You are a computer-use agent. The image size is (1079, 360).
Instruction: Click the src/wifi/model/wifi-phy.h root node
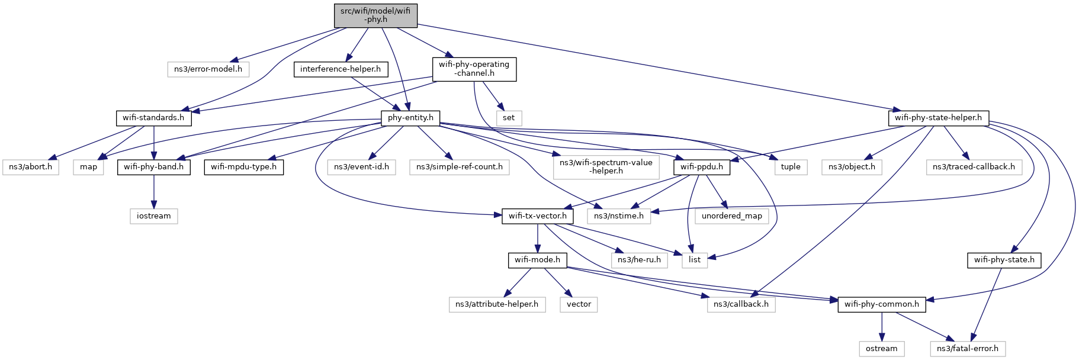click(x=375, y=15)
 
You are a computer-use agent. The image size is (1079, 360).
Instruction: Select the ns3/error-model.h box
click(x=208, y=69)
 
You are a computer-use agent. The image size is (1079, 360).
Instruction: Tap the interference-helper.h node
click(x=341, y=69)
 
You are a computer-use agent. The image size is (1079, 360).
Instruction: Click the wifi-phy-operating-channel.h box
click(x=474, y=69)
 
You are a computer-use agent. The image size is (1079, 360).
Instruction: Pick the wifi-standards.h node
click(x=153, y=118)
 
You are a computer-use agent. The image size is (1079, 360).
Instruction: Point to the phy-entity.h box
click(x=410, y=118)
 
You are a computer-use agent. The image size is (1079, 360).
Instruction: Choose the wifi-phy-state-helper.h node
click(x=938, y=118)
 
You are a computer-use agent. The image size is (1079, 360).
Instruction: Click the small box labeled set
click(x=509, y=118)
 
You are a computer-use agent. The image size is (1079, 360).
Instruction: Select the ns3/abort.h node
click(x=30, y=167)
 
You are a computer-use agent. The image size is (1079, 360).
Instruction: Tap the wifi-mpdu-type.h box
click(x=243, y=167)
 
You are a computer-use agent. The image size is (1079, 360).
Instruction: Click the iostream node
click(x=154, y=216)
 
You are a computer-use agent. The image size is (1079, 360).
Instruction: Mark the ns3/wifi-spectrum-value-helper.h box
click(x=606, y=167)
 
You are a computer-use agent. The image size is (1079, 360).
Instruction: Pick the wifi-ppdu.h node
click(x=702, y=167)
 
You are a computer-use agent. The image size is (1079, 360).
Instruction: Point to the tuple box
click(x=791, y=167)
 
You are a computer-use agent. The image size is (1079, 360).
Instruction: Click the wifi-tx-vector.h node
click(x=537, y=216)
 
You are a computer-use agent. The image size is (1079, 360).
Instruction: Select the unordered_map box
click(x=732, y=216)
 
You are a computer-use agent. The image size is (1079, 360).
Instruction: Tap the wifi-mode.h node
click(x=537, y=260)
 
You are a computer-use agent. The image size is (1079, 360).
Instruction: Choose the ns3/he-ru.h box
click(x=639, y=260)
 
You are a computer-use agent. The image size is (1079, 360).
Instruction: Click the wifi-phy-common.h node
click(x=882, y=304)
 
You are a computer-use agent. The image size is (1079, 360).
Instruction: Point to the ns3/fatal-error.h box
click(x=968, y=349)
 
